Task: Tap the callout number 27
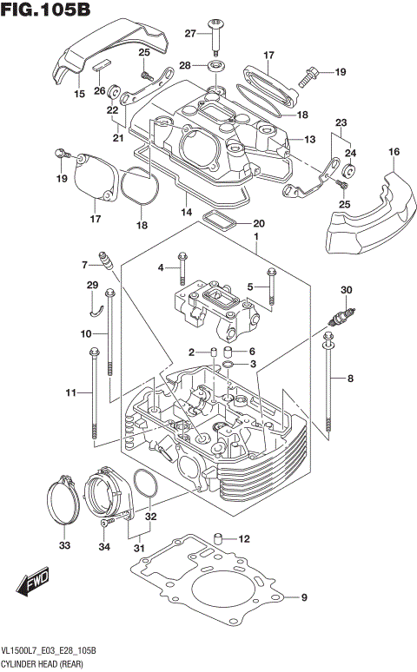pos(190,34)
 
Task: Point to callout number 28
pos(185,66)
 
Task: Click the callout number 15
pos(79,94)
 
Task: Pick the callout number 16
pos(394,152)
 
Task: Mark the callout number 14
pos(186,212)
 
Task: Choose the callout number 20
pos(259,223)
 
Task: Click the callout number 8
pos(351,379)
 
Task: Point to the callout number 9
pos(304,597)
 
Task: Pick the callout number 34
pos(105,546)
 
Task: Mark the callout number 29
pos(92,286)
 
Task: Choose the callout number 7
pos(86,265)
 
